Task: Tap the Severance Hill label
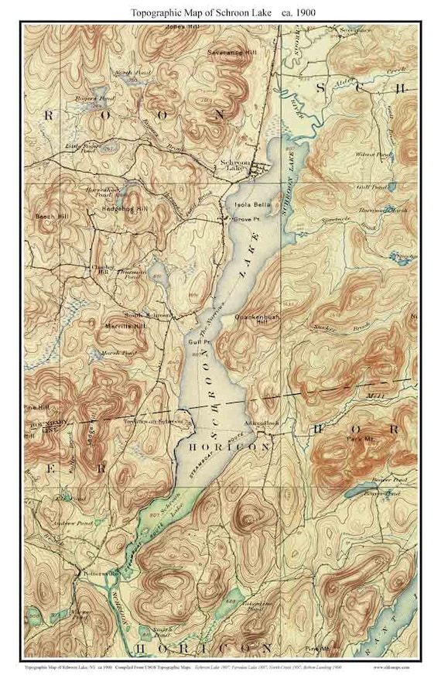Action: [x=231, y=52]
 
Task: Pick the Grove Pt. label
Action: [x=239, y=220]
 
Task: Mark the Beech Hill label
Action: [x=51, y=217]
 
